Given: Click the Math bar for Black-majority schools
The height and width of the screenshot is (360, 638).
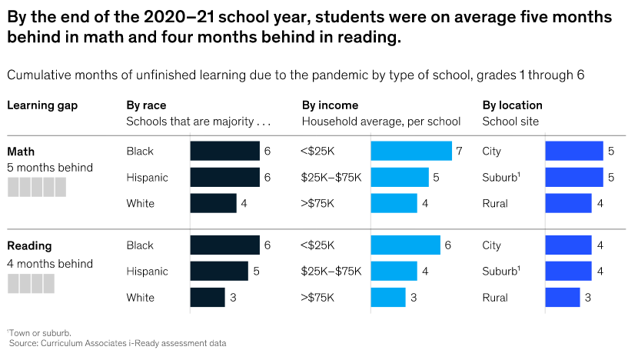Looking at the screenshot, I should pyautogui.click(x=224, y=151).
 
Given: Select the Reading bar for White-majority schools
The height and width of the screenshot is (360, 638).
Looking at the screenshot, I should pyautogui.click(x=208, y=297).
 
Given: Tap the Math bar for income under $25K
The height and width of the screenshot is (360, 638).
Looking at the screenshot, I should pyautogui.click(x=410, y=151).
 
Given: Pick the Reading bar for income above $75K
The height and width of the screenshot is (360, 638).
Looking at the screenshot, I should pyautogui.click(x=388, y=297).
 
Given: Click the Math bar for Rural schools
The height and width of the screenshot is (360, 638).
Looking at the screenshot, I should pyautogui.click(x=568, y=203).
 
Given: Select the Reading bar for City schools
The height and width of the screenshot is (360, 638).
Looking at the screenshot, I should pyautogui.click(x=568, y=245).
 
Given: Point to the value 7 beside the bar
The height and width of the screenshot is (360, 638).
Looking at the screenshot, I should pyautogui.click(x=459, y=151).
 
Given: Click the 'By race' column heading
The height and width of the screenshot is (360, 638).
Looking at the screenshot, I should pyautogui.click(x=146, y=105).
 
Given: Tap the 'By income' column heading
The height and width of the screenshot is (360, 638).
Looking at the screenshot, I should pyautogui.click(x=330, y=105).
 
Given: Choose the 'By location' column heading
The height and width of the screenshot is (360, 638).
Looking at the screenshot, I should pyautogui.click(x=512, y=105).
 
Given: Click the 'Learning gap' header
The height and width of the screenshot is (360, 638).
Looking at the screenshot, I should pyautogui.click(x=42, y=105).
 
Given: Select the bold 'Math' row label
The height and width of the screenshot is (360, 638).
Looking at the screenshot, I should pyautogui.click(x=21, y=152).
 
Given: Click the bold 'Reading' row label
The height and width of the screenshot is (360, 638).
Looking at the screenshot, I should pyautogui.click(x=29, y=246).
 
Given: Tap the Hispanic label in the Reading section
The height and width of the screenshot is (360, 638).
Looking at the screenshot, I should pyautogui.click(x=147, y=272).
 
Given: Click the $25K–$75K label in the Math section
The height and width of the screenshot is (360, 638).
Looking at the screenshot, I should pyautogui.click(x=331, y=178).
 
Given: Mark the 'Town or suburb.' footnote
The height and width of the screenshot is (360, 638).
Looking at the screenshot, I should pyautogui.click(x=40, y=332).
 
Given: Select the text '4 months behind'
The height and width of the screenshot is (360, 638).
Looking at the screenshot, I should pyautogui.click(x=50, y=264).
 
